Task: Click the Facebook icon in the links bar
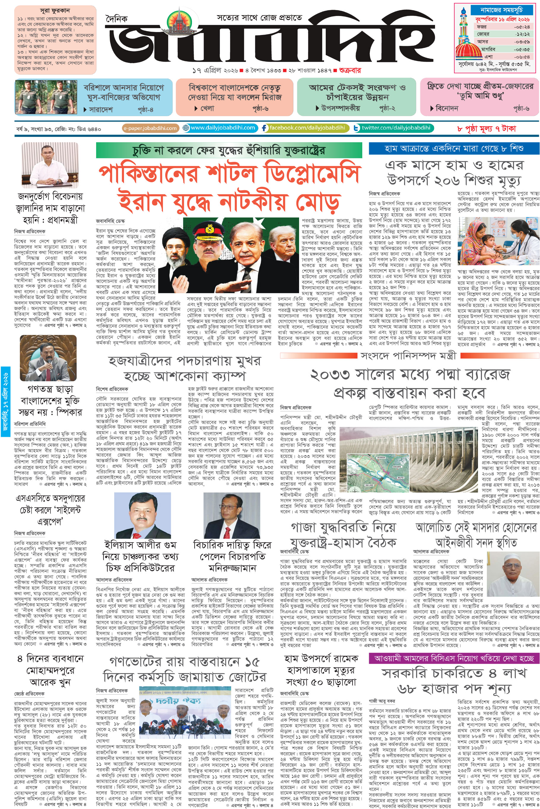pos(264,128)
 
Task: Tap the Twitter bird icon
pos(357,128)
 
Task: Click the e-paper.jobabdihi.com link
pos(150,128)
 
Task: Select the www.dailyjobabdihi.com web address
pos(223,128)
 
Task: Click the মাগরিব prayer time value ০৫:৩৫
pos(521,49)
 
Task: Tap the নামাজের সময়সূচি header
pos(501,10)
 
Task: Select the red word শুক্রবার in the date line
pos(350,71)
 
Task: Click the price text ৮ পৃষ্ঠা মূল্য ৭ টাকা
pos(486,129)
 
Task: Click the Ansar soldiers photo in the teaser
pos(46,97)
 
